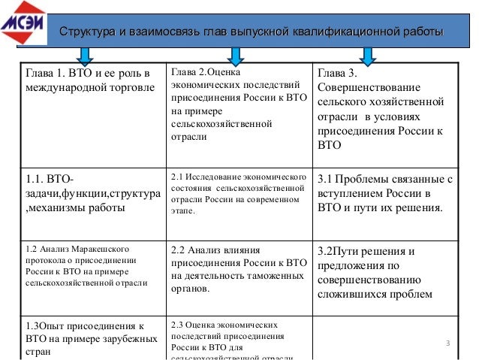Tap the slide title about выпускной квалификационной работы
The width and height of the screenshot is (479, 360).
click(x=251, y=32)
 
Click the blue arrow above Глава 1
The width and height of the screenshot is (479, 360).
click(x=85, y=55)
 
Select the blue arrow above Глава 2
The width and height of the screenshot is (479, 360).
click(x=235, y=55)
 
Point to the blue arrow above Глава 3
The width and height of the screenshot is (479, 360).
click(x=367, y=55)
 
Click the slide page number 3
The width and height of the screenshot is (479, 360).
click(x=447, y=344)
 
